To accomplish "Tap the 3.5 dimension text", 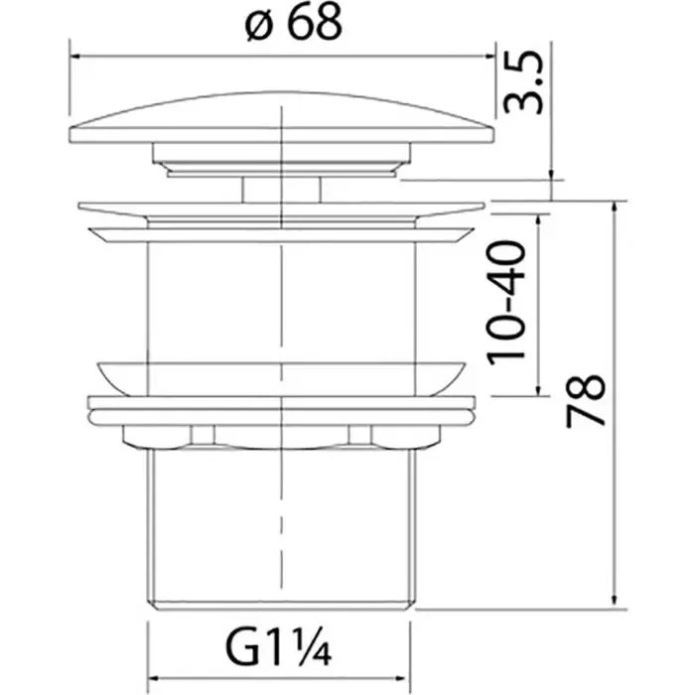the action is coord(523,82).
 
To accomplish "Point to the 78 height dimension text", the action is coord(586,401).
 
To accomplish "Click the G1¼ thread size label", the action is coord(278,649).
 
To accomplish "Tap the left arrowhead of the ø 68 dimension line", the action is coord(74,57).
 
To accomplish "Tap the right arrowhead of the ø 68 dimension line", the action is coord(489,57).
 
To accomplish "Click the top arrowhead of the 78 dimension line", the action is coord(614,207).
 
